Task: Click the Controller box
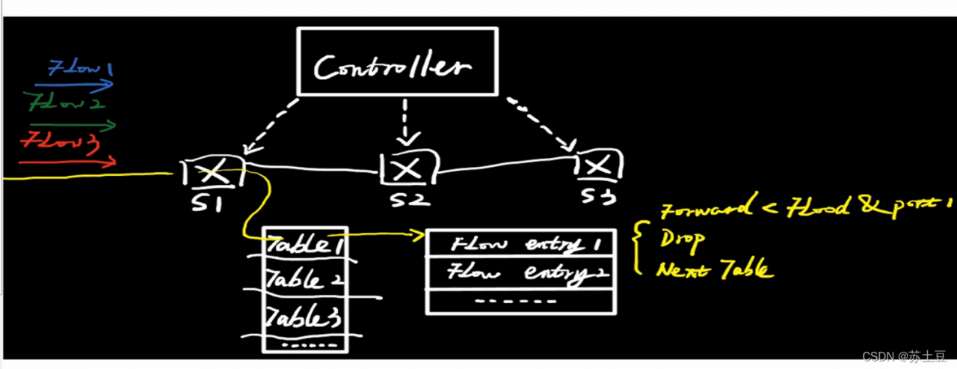pos(397,62)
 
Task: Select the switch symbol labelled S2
pos(408,168)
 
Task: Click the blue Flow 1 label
pos(80,70)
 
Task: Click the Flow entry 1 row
pos(523,243)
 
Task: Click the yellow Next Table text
pos(714,270)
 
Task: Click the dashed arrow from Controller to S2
pos(405,120)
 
